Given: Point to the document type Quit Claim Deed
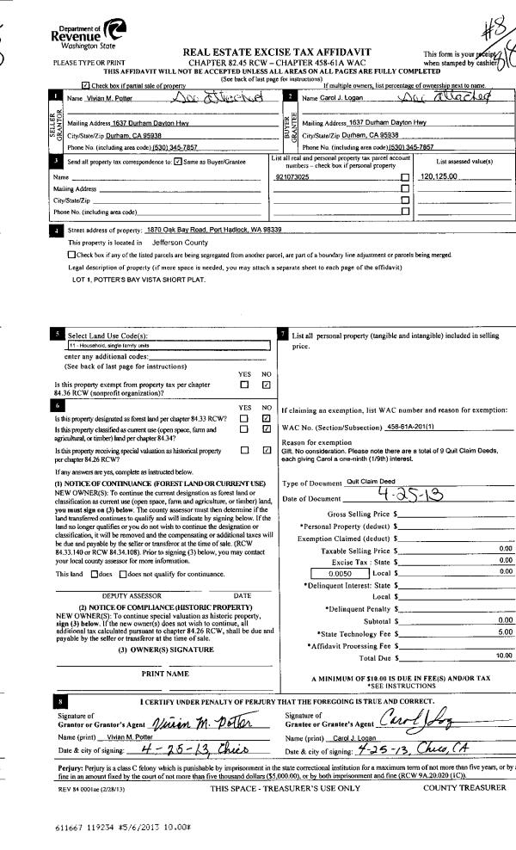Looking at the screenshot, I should (376, 484).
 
